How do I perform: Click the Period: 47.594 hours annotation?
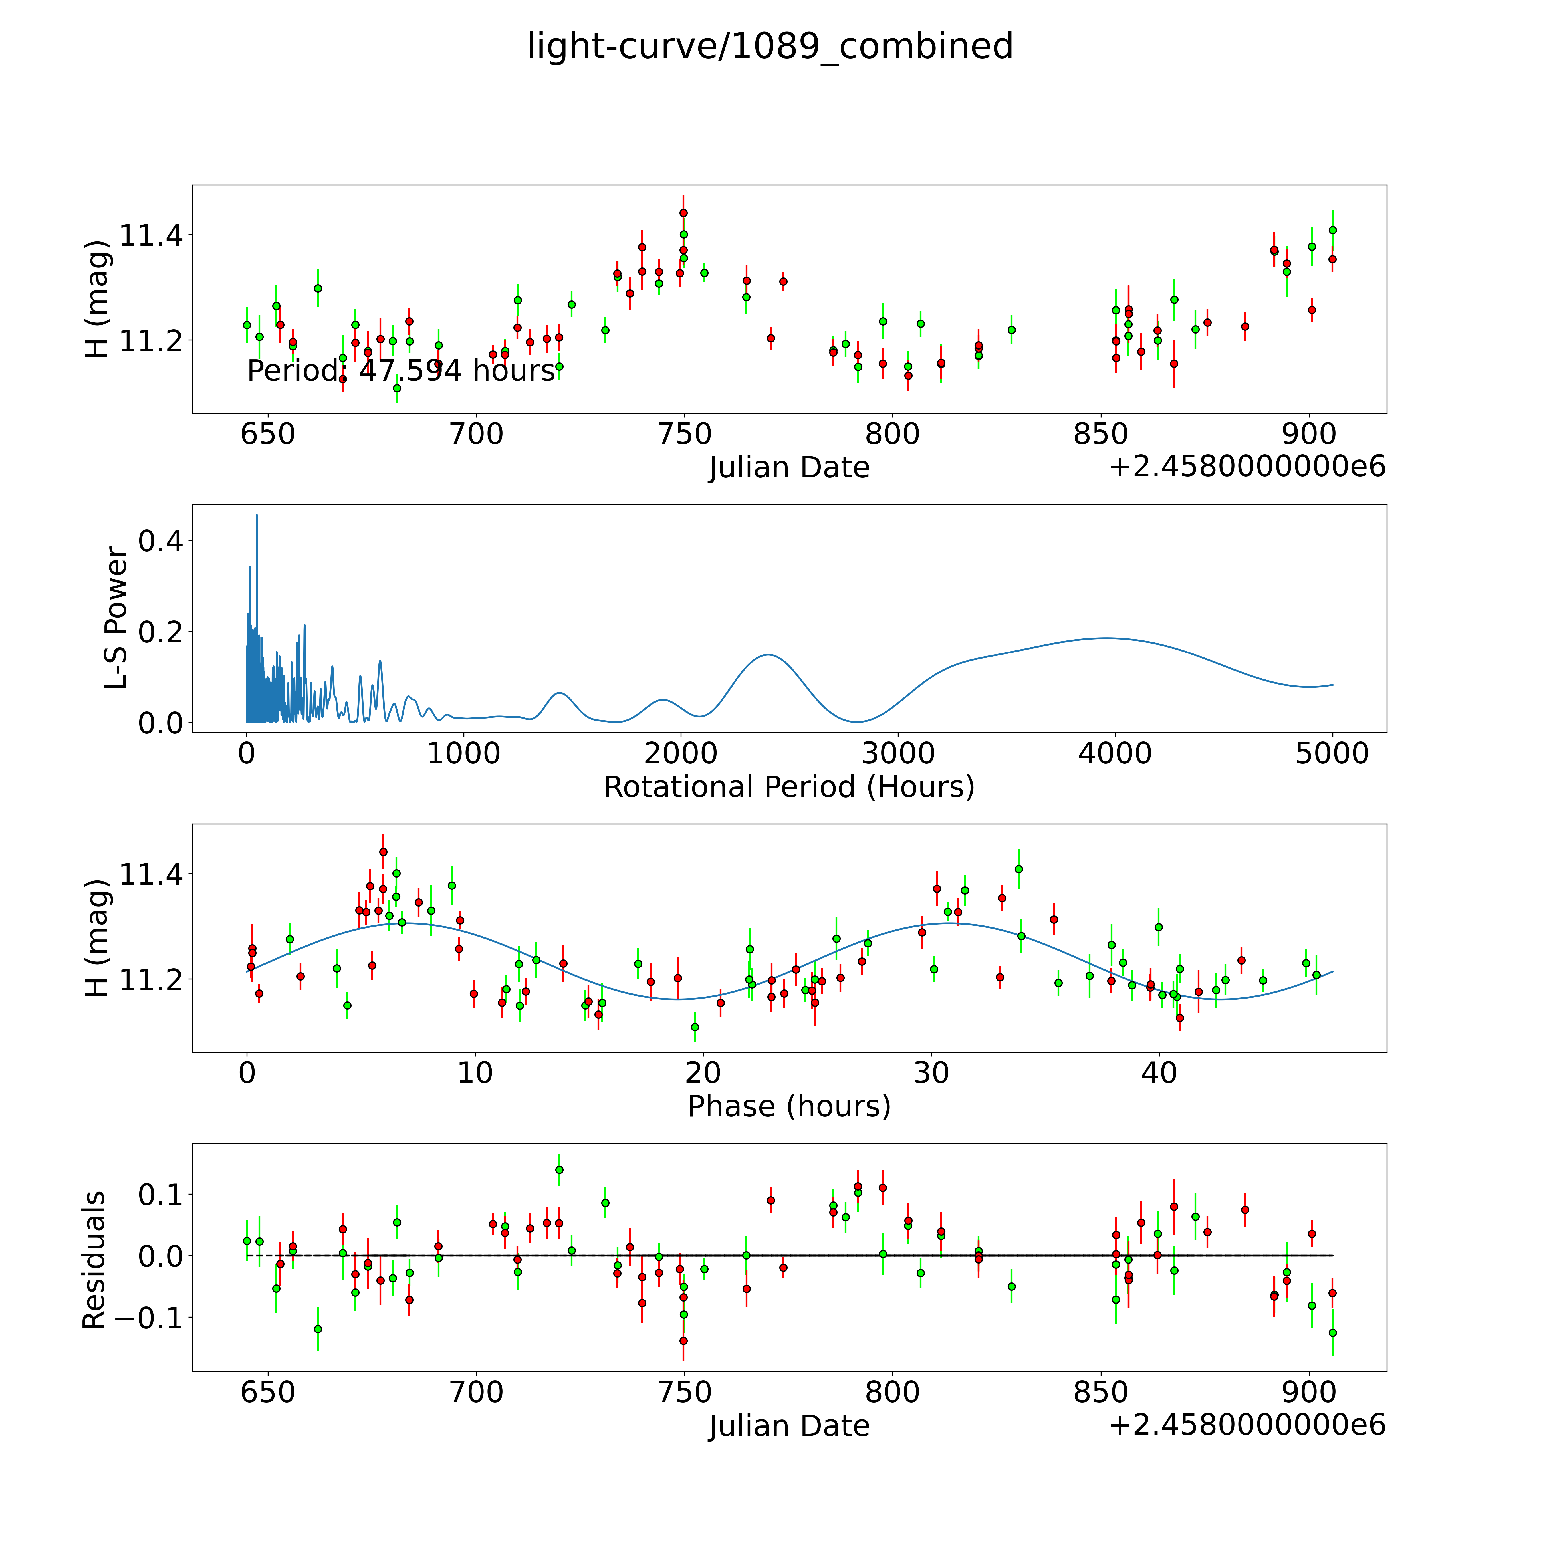(x=400, y=371)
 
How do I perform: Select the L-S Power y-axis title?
(x=116, y=618)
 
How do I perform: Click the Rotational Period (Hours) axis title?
(x=789, y=787)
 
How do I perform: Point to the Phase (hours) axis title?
(x=789, y=1106)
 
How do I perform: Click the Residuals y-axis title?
(x=94, y=1260)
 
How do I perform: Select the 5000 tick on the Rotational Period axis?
(x=1332, y=753)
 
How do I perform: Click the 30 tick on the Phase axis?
(x=931, y=1073)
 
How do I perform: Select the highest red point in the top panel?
(x=683, y=213)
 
